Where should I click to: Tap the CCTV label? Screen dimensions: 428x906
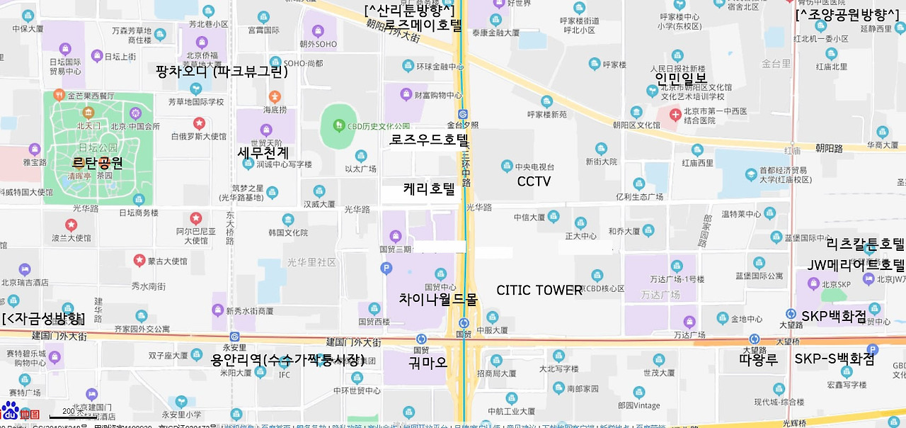(534, 181)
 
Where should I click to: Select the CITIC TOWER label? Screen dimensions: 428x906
(539, 290)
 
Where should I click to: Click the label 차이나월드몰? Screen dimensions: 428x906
(438, 299)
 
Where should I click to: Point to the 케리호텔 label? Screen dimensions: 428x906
(429, 189)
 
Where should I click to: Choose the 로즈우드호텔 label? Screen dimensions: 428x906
(429, 139)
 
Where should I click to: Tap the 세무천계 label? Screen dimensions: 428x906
(263, 152)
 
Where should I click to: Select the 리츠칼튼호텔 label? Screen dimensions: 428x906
(865, 245)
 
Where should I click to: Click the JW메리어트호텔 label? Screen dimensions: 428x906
(856, 266)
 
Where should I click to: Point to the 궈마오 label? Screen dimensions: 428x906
(428, 363)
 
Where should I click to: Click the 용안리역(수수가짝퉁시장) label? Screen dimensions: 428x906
(287, 359)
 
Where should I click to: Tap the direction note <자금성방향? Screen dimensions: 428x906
(43, 319)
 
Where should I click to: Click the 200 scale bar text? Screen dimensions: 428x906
(69, 411)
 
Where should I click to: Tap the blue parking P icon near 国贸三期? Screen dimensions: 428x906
(386, 268)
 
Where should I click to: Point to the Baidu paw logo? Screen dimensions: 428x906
(9, 410)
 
